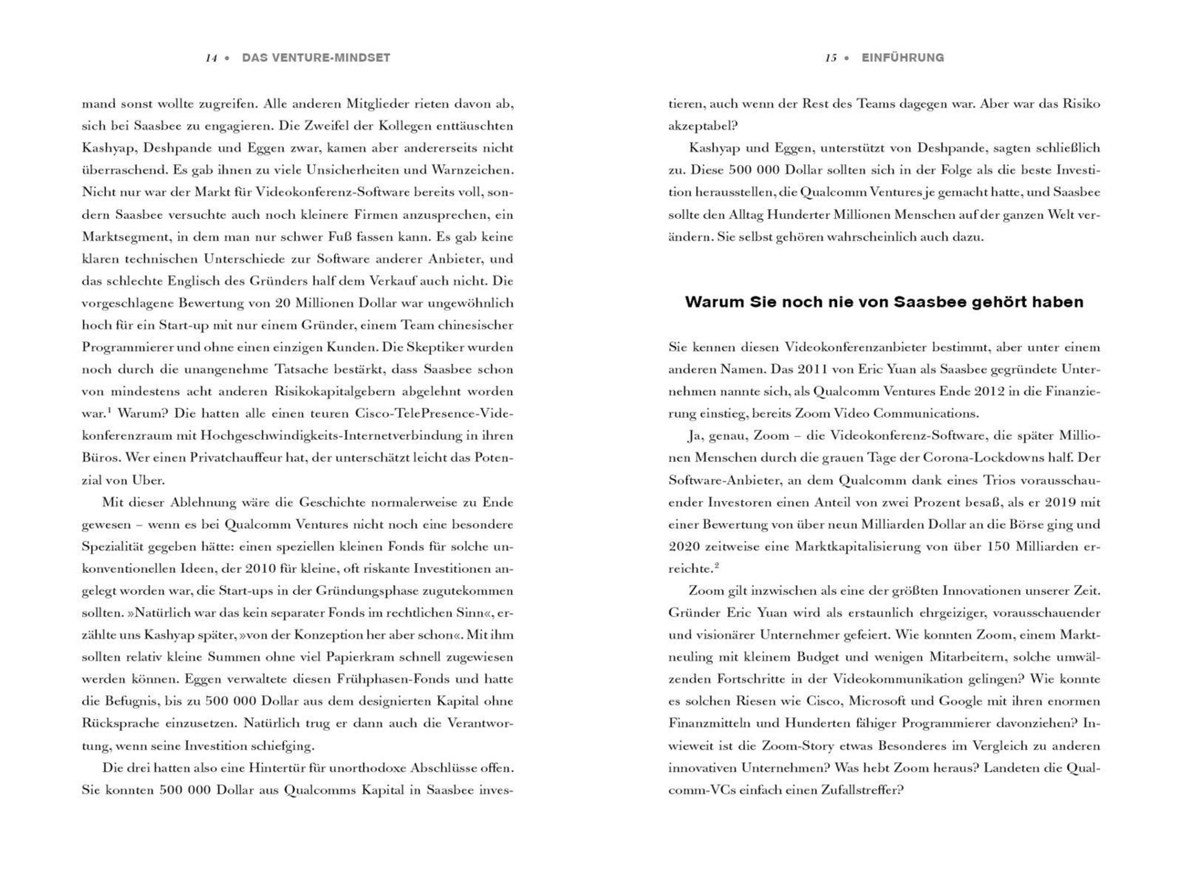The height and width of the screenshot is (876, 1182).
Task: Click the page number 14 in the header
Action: (211, 58)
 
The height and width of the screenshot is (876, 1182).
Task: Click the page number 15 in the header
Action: (830, 58)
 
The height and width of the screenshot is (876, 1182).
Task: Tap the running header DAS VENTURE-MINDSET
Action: (316, 58)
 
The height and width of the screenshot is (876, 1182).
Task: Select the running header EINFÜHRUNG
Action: (903, 58)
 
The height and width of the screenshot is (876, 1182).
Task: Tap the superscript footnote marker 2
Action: (717, 566)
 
